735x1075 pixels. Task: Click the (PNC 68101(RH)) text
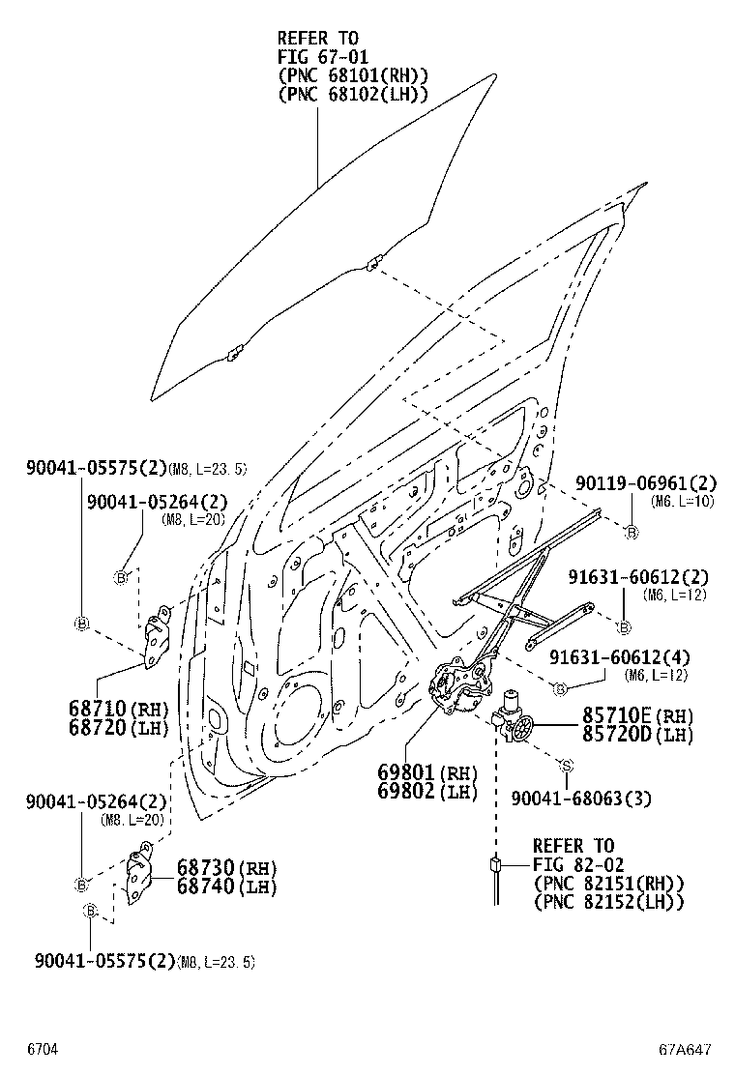click(352, 75)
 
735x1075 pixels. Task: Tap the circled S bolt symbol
click(568, 765)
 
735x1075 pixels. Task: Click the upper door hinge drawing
click(157, 640)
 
